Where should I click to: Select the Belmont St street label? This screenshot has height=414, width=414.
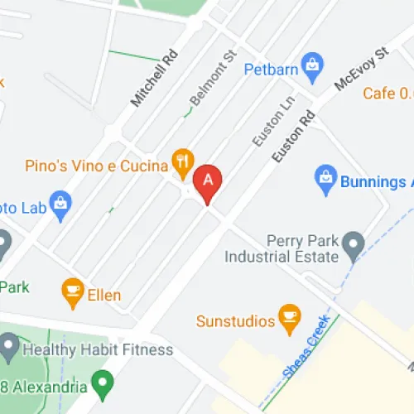coord(207,81)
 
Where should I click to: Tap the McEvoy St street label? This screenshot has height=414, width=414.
coord(361,69)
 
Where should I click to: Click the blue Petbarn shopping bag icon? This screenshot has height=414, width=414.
coord(311,65)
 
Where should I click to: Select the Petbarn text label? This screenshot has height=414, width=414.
coord(271,70)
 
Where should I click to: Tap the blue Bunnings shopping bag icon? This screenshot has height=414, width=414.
coord(325,176)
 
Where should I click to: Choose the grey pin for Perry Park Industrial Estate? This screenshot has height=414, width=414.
coord(354,243)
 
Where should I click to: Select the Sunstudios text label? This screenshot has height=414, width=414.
coord(235,320)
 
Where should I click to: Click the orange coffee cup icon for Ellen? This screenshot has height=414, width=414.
coord(73,290)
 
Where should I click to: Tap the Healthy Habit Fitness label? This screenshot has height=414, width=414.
coord(98,349)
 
